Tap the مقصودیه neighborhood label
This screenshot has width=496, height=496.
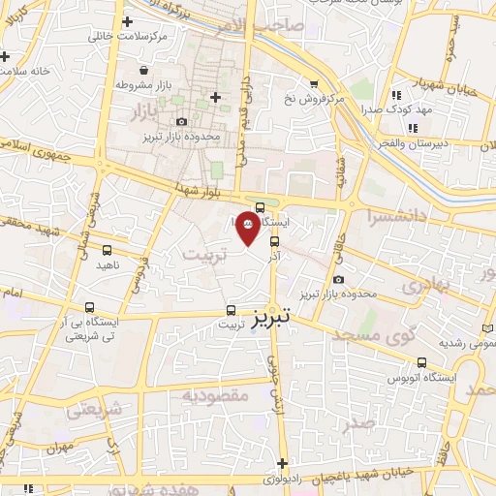[215, 394]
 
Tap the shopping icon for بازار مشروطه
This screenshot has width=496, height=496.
[144, 71]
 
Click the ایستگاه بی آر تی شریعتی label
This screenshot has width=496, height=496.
[88, 329]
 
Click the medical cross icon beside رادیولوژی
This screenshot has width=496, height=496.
[282, 463]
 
